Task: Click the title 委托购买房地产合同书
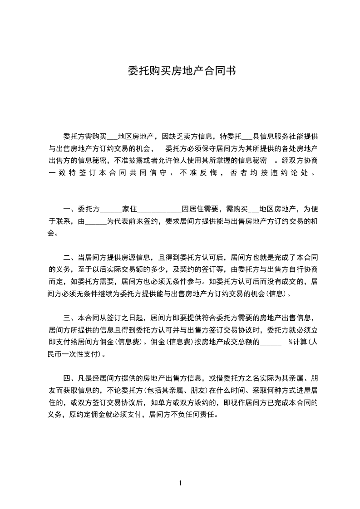181,71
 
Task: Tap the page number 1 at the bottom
180,483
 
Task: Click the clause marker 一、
70,209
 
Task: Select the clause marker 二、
70,256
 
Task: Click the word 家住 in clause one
129,209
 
